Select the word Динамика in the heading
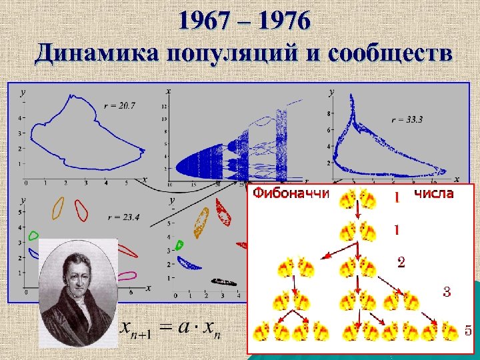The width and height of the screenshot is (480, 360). click(91, 53)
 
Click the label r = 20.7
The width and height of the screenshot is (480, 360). click(120, 105)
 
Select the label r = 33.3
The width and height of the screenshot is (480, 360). click(407, 120)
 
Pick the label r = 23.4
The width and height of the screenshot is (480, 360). click(123, 216)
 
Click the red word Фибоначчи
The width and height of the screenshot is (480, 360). click(291, 194)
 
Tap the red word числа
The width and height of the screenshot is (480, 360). click(434, 194)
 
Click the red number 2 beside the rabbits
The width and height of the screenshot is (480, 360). click(401, 262)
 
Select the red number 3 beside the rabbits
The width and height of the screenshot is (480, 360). click(447, 291)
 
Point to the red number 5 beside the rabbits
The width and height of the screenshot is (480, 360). click(469, 330)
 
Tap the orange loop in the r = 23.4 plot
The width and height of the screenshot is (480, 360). click(57, 207)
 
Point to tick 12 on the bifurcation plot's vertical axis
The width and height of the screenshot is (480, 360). click(163, 107)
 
